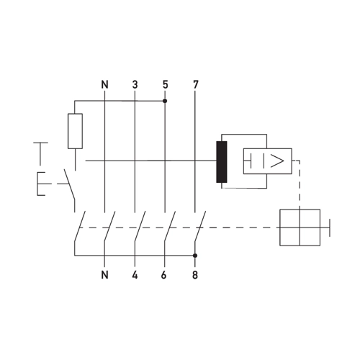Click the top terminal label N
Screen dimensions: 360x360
click(105, 84)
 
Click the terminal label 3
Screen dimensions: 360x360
click(135, 84)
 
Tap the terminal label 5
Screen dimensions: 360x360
click(165, 84)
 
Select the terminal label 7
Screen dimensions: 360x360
click(196, 84)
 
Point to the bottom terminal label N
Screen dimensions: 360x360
click(105, 275)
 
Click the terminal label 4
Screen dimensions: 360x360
click(135, 275)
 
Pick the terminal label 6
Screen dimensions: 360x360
click(163, 275)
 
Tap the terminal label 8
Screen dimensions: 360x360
click(195, 275)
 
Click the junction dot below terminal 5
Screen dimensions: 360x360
click(165, 101)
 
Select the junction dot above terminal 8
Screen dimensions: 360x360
click(195, 256)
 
